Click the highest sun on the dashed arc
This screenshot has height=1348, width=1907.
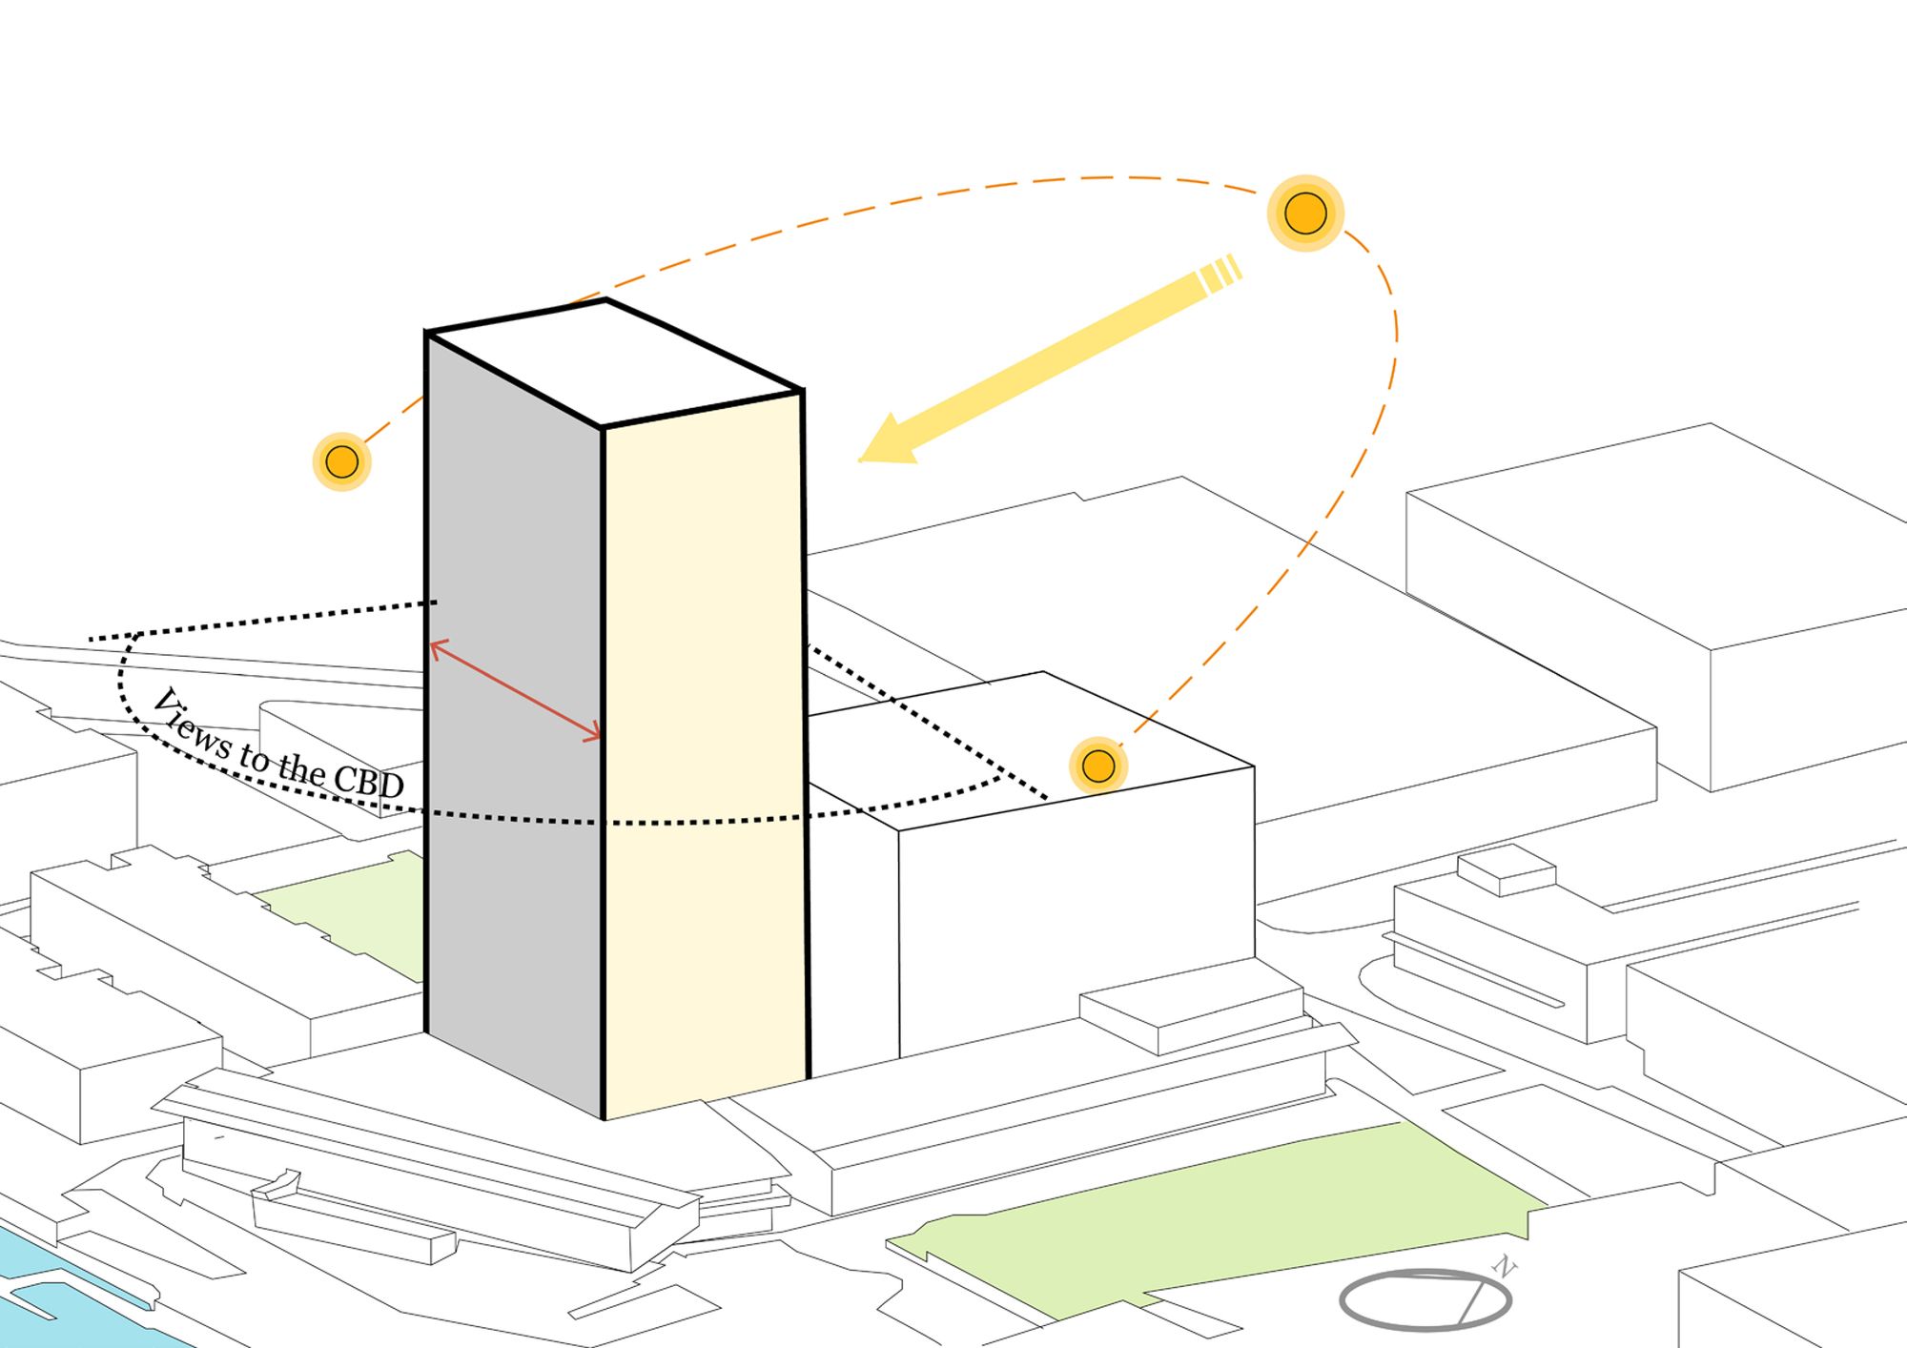pyautogui.click(x=1305, y=214)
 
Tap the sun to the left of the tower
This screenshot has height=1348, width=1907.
pyautogui.click(x=341, y=461)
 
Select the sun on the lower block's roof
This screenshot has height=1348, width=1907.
pyautogui.click(x=1098, y=766)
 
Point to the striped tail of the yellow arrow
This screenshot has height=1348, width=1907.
pyautogui.click(x=1220, y=274)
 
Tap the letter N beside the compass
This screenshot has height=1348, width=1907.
pyautogui.click(x=1504, y=1267)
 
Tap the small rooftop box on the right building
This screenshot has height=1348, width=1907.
pyautogui.click(x=1507, y=869)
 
